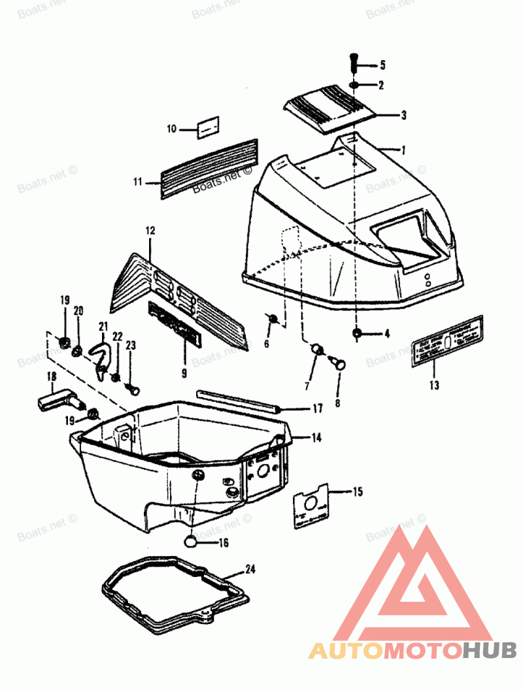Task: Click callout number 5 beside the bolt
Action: tap(382, 65)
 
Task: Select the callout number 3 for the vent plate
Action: tap(403, 115)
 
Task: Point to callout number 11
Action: tap(138, 182)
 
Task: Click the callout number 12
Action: tap(150, 231)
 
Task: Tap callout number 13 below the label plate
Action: tap(435, 385)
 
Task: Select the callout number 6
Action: tap(267, 344)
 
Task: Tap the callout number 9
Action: tap(184, 374)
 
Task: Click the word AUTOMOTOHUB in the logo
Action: tap(413, 650)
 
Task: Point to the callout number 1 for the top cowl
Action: tap(403, 150)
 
